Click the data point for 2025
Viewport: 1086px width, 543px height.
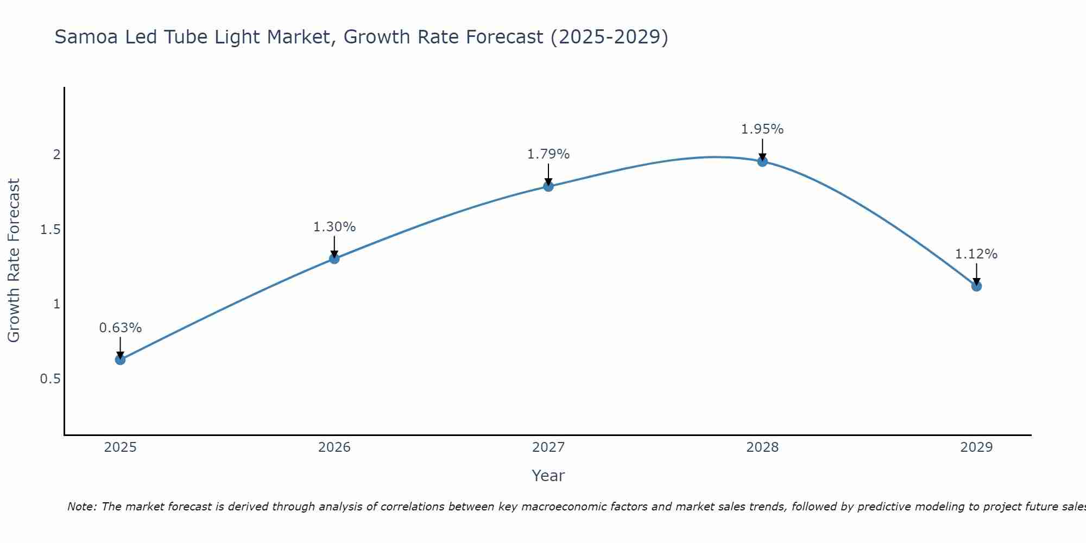pos(121,359)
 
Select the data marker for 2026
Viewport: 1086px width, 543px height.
pos(334,258)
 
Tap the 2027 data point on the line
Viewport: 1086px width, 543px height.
pos(548,186)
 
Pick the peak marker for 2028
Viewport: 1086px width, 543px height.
pos(762,161)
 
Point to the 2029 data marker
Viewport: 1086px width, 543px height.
pos(976,286)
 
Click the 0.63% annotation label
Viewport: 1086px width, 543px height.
pos(121,328)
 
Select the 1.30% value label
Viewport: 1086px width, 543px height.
pos(334,227)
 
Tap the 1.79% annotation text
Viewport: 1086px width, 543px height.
pos(548,154)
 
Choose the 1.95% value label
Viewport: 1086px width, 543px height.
pos(762,129)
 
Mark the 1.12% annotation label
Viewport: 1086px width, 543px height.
pos(976,254)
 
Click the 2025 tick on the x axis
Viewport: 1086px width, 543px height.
pos(121,447)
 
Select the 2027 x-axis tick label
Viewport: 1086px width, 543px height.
pos(548,447)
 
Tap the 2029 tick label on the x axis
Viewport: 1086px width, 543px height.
pos(976,447)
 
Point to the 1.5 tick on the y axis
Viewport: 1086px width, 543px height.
pos(50,230)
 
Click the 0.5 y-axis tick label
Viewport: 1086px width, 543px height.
pos(50,378)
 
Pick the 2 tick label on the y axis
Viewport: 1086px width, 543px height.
pos(56,155)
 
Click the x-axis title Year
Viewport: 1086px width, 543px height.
pos(548,476)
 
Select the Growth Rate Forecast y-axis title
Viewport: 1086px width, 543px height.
pos(14,261)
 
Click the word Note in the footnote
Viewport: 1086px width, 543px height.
pos(81,507)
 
